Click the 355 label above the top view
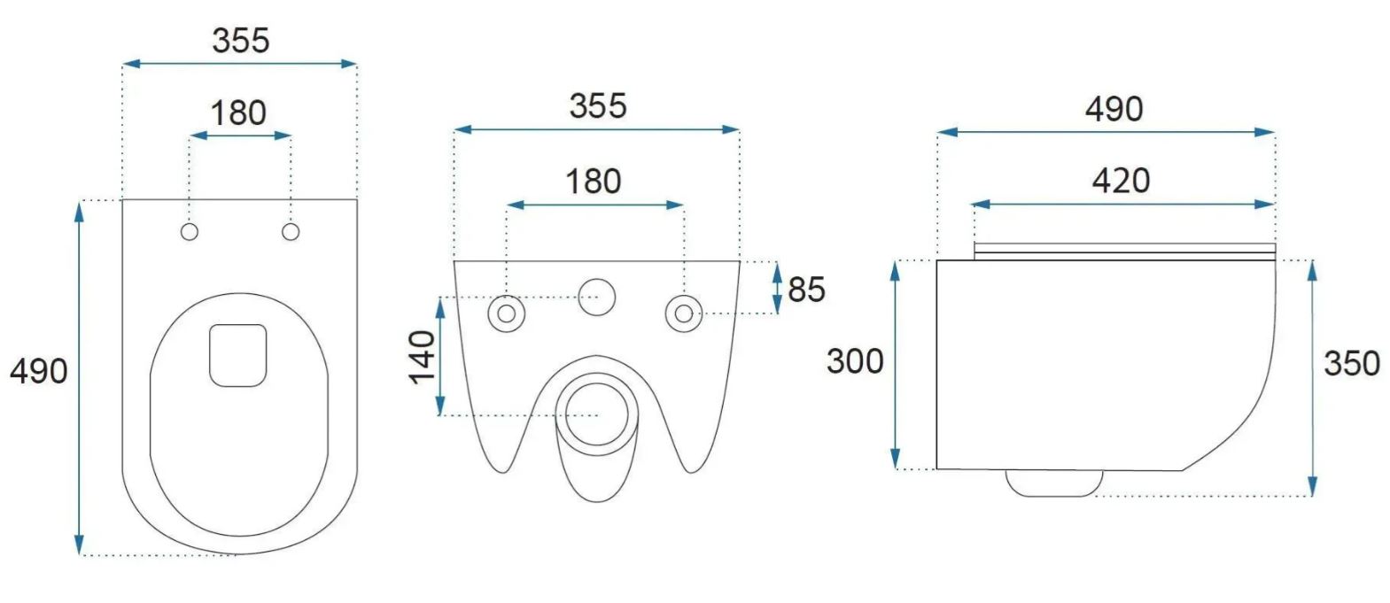click(x=241, y=41)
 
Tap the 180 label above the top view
click(x=239, y=113)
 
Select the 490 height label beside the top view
click(x=38, y=372)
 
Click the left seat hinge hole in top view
click(x=190, y=232)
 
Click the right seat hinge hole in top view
click(x=291, y=232)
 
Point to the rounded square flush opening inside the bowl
click(x=238, y=355)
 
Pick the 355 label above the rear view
click(x=598, y=106)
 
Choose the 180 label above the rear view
click(x=594, y=182)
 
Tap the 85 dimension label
click(x=807, y=290)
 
